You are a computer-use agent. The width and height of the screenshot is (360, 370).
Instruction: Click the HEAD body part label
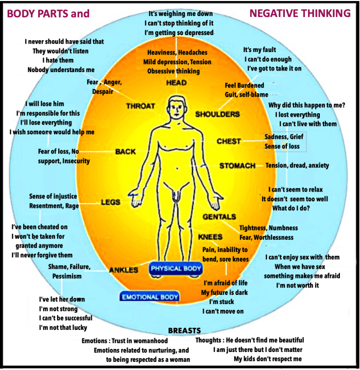coord(176,83)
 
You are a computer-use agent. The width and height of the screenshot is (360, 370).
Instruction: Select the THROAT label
coord(140,106)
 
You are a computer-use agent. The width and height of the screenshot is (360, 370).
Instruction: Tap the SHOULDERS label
coord(217,114)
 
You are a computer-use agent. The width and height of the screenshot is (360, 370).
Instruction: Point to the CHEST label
coord(229,141)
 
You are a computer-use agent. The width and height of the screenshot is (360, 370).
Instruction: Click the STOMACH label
coord(237,166)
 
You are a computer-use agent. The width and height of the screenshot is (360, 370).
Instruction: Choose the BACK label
coord(125,152)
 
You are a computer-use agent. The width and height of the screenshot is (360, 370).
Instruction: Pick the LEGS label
coord(110,202)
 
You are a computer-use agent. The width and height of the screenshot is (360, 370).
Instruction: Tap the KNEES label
coord(210,237)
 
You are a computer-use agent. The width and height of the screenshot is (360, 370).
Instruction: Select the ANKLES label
coord(124,270)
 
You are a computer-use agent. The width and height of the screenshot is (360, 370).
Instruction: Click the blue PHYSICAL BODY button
coord(176,269)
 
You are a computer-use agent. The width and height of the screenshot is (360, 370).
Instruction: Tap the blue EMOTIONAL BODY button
coord(149,296)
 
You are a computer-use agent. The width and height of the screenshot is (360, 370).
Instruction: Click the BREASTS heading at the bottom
coord(184,330)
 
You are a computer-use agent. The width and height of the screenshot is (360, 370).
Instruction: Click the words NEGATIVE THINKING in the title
coord(300,13)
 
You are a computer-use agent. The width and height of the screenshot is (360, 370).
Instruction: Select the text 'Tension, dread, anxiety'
coord(297,166)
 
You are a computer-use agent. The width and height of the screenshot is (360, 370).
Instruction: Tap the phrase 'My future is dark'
coord(224,292)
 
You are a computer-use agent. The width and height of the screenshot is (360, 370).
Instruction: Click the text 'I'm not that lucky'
coord(63,327)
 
